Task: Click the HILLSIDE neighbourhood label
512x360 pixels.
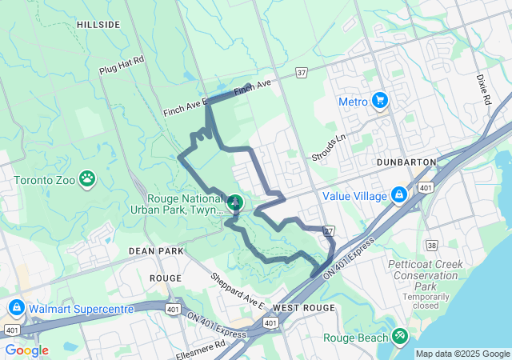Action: (98, 25)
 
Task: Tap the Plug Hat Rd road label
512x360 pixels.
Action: (121, 65)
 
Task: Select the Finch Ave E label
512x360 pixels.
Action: (185, 106)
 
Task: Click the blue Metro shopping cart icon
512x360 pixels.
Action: (380, 102)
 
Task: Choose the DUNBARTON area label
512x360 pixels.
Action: (406, 162)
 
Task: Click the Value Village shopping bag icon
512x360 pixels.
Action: (398, 195)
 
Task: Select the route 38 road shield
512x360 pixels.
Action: (432, 246)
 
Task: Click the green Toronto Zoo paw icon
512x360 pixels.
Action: (87, 181)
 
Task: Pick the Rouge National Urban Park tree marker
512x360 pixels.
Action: (235, 203)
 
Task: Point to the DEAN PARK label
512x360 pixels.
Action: (156, 250)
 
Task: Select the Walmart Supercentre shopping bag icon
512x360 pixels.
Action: (15, 308)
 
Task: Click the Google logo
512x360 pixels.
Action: (26, 350)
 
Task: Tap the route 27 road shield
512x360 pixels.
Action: (328, 231)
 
